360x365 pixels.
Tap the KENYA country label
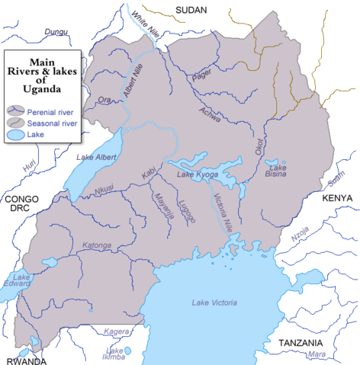click(x=337, y=198)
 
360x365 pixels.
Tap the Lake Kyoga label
click(x=198, y=176)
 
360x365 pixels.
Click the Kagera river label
click(x=117, y=332)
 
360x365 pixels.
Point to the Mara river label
click(x=314, y=355)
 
